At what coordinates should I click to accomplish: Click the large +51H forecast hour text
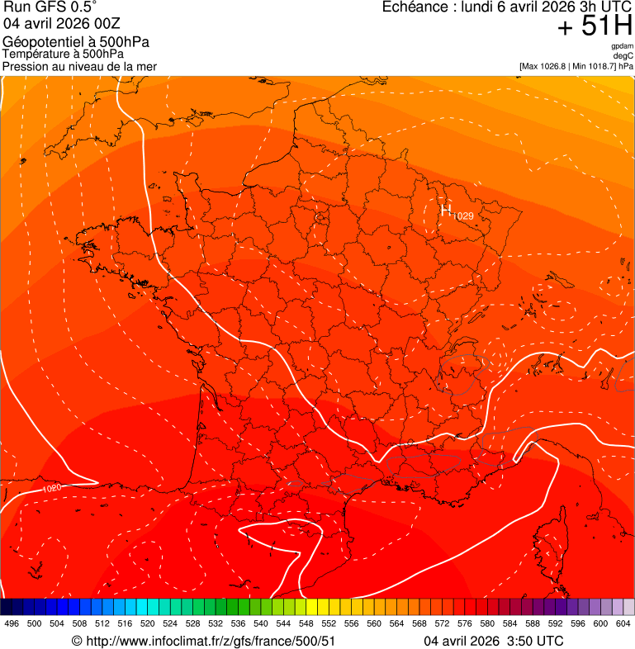[595, 27]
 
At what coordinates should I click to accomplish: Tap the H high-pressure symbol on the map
[446, 211]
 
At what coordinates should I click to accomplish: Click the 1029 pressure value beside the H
[463, 216]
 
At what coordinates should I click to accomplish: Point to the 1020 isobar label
[51, 489]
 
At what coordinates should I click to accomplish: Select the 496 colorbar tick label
[12, 623]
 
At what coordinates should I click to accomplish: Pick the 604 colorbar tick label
[623, 623]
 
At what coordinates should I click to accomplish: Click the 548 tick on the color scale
[306, 623]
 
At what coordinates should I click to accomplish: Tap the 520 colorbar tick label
[148, 623]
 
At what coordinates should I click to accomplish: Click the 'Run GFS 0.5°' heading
[50, 7]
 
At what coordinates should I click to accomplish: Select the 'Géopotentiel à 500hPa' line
[76, 42]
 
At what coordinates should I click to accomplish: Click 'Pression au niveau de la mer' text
[79, 66]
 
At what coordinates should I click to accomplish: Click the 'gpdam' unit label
[622, 46]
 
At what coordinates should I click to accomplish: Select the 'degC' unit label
[623, 55]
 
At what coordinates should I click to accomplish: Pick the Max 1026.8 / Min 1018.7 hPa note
[576, 65]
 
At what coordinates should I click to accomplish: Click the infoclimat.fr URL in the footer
[211, 641]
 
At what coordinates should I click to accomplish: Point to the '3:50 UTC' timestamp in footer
[535, 641]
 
